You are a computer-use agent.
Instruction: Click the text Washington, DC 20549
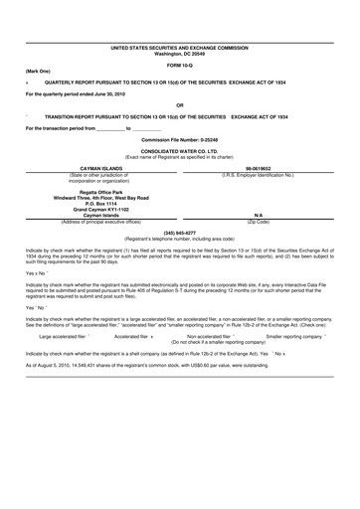pos(180,53)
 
